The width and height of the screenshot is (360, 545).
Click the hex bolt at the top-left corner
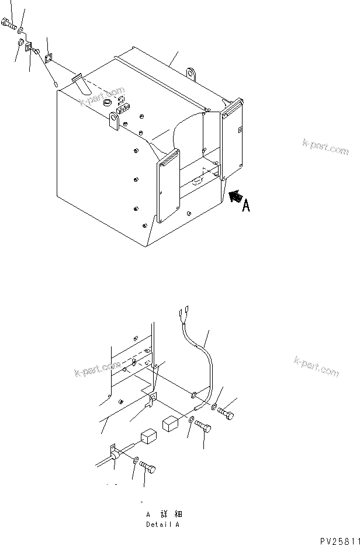(x=8, y=25)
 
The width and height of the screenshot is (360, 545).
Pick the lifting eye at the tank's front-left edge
(x=115, y=123)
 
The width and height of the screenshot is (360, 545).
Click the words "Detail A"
(x=163, y=525)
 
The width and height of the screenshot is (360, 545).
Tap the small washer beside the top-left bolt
(x=20, y=29)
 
